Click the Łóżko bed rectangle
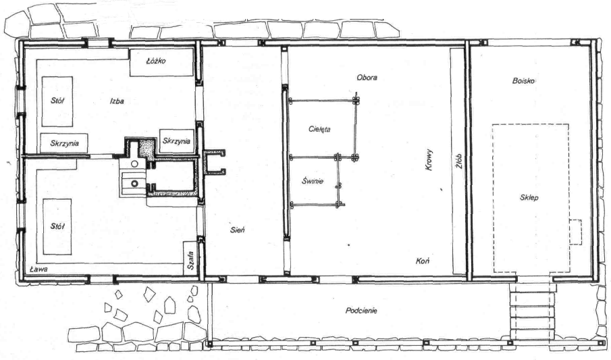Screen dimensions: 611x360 [162, 62]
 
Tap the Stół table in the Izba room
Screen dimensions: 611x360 [57, 101]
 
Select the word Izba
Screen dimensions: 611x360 [117, 101]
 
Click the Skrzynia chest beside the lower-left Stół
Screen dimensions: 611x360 [64, 143]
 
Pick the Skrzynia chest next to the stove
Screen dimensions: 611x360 [177, 140]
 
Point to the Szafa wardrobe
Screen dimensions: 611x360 [190, 258]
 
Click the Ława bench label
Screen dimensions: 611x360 [38, 269]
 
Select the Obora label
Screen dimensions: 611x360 [367, 77]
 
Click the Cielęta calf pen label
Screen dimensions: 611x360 [319, 129]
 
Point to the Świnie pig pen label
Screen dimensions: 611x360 [313, 181]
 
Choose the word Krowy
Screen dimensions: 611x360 [429, 160]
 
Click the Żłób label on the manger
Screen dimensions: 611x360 [458, 161]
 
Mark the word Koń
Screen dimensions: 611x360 [423, 261]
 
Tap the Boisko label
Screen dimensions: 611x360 [523, 81]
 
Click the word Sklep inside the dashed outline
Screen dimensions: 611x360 [529, 197]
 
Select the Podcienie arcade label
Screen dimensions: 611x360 [361, 311]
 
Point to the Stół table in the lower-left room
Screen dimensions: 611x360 [57, 227]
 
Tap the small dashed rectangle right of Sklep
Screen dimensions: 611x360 [575, 232]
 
